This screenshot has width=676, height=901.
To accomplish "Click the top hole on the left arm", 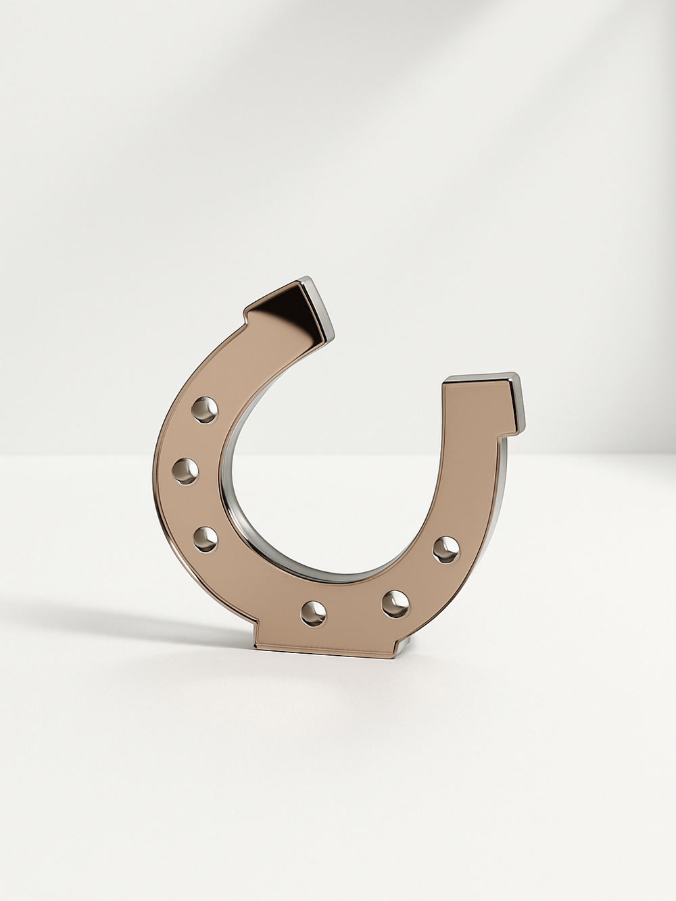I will pyautogui.click(x=204, y=409).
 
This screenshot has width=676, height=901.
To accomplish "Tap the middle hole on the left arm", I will pyautogui.click(x=185, y=471).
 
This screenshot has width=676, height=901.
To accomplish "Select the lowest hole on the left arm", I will pyautogui.click(x=206, y=539).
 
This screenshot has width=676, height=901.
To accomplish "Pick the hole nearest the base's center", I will pyautogui.click(x=313, y=613).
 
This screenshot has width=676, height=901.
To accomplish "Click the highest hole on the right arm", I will pyautogui.click(x=446, y=549).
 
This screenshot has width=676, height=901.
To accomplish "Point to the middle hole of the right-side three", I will pyautogui.click(x=395, y=603).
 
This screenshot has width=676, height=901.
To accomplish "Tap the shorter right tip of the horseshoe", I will pyautogui.click(x=480, y=405).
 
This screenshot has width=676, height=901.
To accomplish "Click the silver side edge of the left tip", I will pyautogui.click(x=321, y=311).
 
